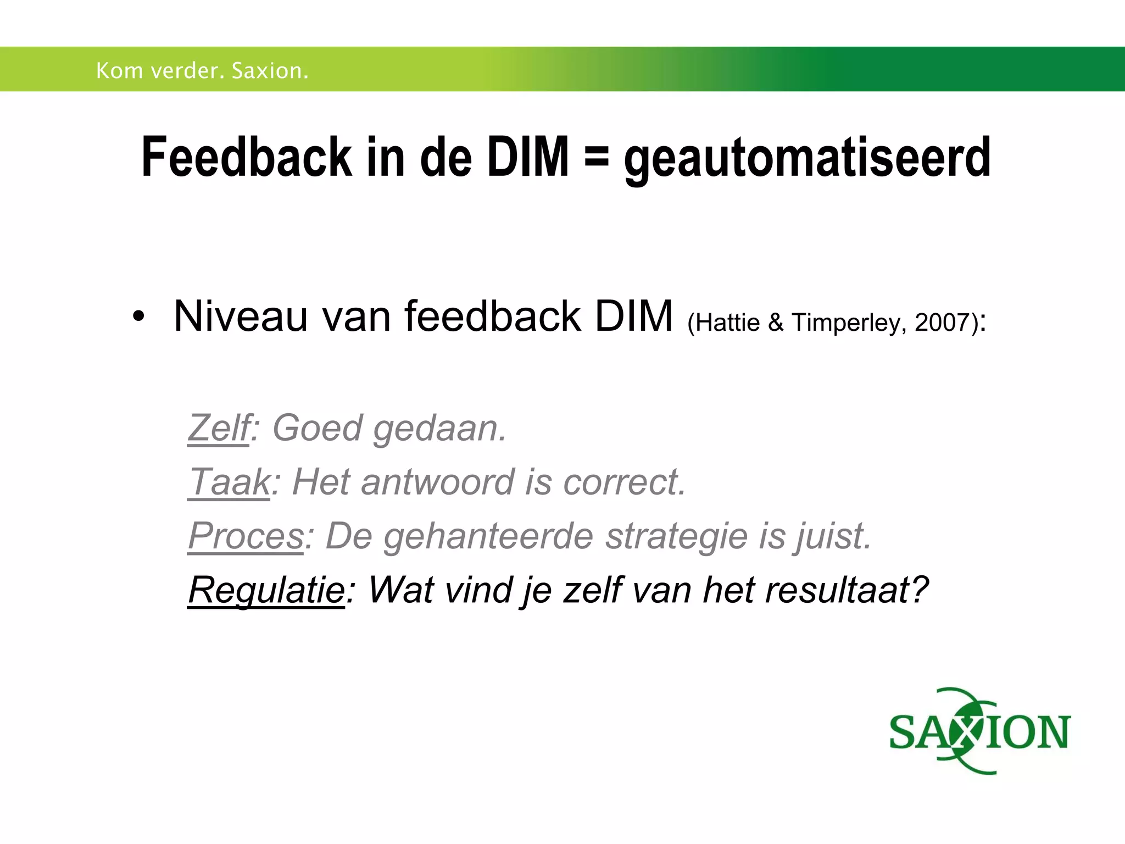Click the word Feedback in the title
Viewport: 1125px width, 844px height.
(x=247, y=157)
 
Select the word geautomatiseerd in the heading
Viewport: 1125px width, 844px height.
(x=807, y=159)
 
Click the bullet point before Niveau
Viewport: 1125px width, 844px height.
(x=138, y=317)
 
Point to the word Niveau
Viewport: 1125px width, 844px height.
(x=240, y=316)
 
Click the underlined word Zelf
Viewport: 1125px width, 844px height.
(x=219, y=427)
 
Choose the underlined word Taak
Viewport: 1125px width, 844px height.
(x=229, y=482)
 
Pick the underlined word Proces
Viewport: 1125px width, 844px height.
(x=246, y=536)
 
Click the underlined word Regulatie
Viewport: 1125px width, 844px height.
(x=266, y=590)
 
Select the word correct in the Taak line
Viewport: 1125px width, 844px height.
(x=625, y=482)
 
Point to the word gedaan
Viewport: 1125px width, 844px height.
(x=439, y=429)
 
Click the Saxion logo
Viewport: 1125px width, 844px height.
(x=979, y=731)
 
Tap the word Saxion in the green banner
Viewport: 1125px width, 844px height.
(x=270, y=71)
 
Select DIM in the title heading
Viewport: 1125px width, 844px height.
(x=528, y=157)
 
